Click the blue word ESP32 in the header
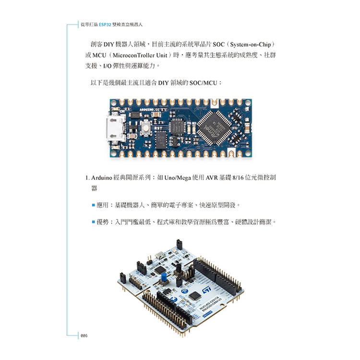(x=105, y=24)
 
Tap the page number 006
(x=84, y=336)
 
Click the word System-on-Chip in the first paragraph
(x=251, y=44)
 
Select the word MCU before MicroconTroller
(x=99, y=55)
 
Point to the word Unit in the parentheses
(x=161, y=55)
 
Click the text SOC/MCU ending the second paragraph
(x=203, y=83)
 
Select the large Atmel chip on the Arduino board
(x=214, y=128)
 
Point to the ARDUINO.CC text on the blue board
(x=150, y=109)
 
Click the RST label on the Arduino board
(x=158, y=128)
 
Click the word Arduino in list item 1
(x=101, y=178)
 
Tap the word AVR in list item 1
(x=212, y=178)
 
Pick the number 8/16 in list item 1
(x=238, y=178)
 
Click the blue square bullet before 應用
(x=94, y=205)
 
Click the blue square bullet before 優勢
(x=94, y=222)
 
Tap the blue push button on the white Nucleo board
(x=164, y=277)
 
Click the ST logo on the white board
(x=206, y=290)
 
